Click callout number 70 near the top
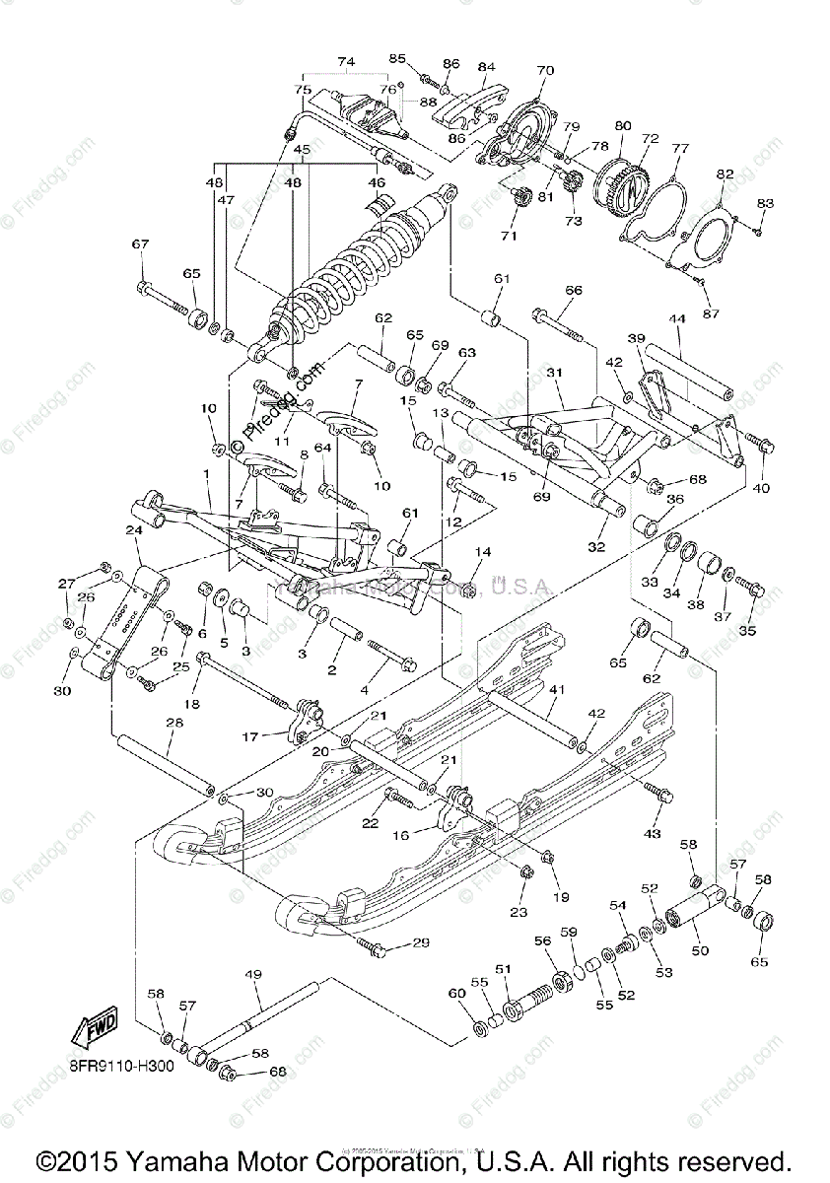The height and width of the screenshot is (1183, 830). [x=545, y=71]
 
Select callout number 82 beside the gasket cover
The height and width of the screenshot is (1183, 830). [x=726, y=174]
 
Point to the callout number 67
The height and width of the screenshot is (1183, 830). [x=141, y=244]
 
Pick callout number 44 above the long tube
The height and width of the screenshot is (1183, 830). [x=676, y=320]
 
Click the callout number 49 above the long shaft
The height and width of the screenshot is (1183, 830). [x=253, y=975]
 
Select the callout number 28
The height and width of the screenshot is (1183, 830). [x=174, y=725]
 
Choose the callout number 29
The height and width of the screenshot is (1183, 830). [x=421, y=943]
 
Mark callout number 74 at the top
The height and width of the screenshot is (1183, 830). [x=345, y=61]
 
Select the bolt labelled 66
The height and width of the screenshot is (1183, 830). [x=557, y=322]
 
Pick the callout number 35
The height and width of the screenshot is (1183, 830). [x=748, y=630]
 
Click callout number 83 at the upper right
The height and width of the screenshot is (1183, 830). [x=766, y=203]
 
